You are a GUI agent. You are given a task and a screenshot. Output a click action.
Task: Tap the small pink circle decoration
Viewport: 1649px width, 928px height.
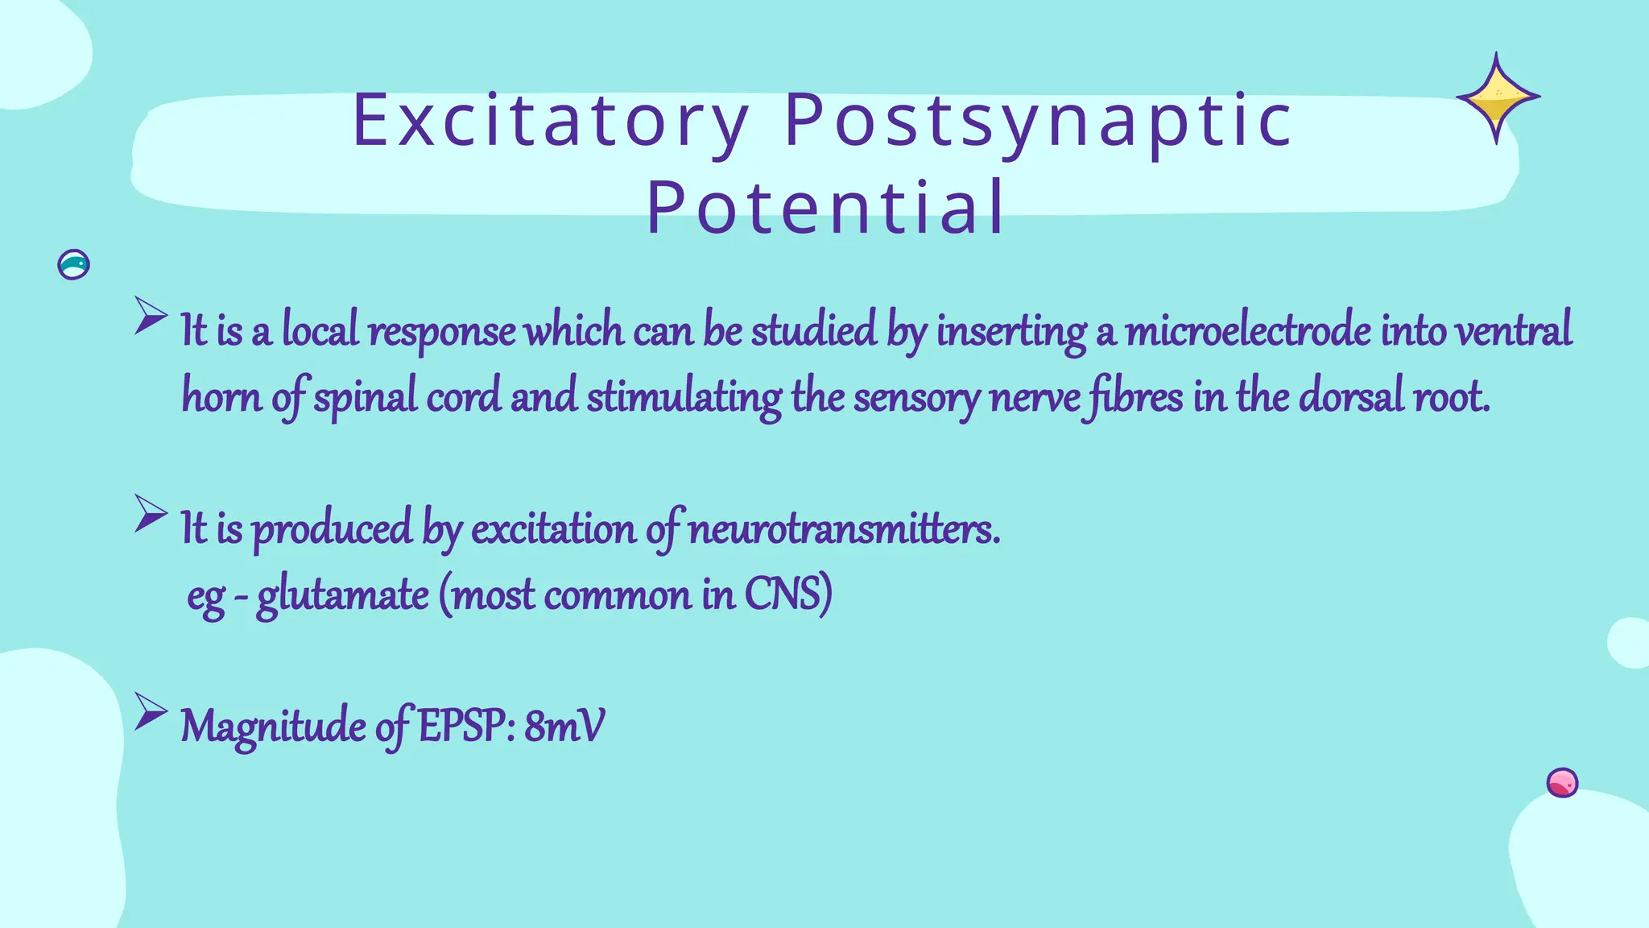pyautogui.click(x=1562, y=782)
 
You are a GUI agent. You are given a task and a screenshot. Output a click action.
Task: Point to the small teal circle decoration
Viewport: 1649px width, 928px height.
pyautogui.click(x=73, y=264)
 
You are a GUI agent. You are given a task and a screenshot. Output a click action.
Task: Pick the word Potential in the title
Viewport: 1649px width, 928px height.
pyautogui.click(x=826, y=207)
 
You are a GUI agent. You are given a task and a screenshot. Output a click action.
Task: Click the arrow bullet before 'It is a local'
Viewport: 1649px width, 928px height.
pyautogui.click(x=151, y=316)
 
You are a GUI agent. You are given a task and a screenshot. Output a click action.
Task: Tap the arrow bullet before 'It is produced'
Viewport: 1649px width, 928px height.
pyautogui.click(x=151, y=513)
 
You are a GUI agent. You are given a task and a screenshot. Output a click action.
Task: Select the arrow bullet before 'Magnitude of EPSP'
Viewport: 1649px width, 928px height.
pyautogui.click(x=151, y=711)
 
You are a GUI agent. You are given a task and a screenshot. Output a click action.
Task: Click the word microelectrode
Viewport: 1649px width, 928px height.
pyautogui.click(x=1247, y=331)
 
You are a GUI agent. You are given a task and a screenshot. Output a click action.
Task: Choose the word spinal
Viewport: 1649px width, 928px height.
pyautogui.click(x=365, y=397)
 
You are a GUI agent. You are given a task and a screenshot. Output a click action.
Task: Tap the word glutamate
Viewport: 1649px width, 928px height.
pyautogui.click(x=342, y=596)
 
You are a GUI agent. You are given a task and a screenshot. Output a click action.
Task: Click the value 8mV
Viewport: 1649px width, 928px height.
pyautogui.click(x=564, y=727)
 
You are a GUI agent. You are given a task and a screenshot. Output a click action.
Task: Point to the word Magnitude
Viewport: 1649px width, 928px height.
pyautogui.click(x=273, y=727)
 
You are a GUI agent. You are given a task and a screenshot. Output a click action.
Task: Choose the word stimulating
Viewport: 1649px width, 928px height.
pyautogui.click(x=684, y=397)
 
